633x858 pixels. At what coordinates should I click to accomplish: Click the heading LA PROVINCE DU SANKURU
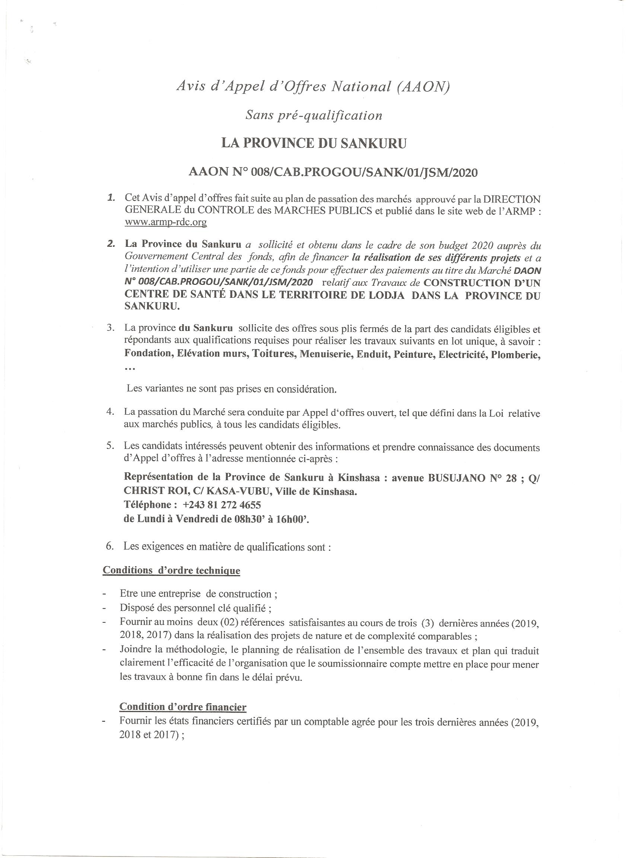314,143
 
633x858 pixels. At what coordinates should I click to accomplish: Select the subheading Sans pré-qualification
314,115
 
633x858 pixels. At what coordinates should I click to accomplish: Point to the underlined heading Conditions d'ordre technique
171,570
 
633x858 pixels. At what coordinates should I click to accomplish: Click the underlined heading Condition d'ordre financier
183,707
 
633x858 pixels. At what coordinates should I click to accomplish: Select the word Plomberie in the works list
516,354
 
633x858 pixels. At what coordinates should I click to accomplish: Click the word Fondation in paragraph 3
148,353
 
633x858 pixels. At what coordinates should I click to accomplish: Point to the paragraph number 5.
110,446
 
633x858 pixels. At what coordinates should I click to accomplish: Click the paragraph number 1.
111,198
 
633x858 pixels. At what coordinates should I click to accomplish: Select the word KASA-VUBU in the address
197,491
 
